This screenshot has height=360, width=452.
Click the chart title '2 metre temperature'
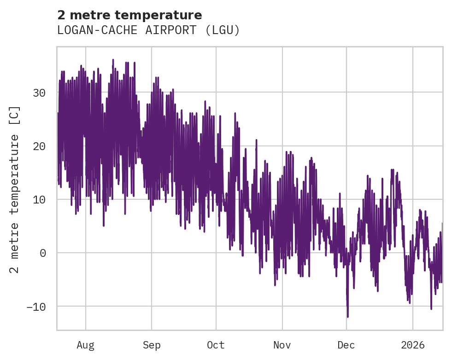point(129,15)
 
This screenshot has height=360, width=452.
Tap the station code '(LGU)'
point(223,30)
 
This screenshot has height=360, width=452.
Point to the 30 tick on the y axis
point(39,93)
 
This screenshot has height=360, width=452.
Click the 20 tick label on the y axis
point(39,146)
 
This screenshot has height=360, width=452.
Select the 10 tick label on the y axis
point(39,199)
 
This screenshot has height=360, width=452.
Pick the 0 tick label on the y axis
point(42,253)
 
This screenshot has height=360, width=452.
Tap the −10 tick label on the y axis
point(36,306)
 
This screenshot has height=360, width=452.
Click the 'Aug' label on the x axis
point(85,345)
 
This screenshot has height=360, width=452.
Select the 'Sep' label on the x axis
point(152,345)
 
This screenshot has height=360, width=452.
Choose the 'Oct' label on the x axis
point(216,345)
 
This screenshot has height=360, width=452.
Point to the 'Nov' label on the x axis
point(282,345)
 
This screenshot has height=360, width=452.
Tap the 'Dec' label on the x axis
point(346,345)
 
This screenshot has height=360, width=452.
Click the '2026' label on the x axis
point(412,345)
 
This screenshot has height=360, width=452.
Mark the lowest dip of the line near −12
point(347,316)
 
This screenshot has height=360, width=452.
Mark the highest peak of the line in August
point(113,60)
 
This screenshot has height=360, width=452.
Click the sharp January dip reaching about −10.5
point(431,308)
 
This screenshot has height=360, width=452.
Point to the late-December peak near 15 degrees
point(392,170)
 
